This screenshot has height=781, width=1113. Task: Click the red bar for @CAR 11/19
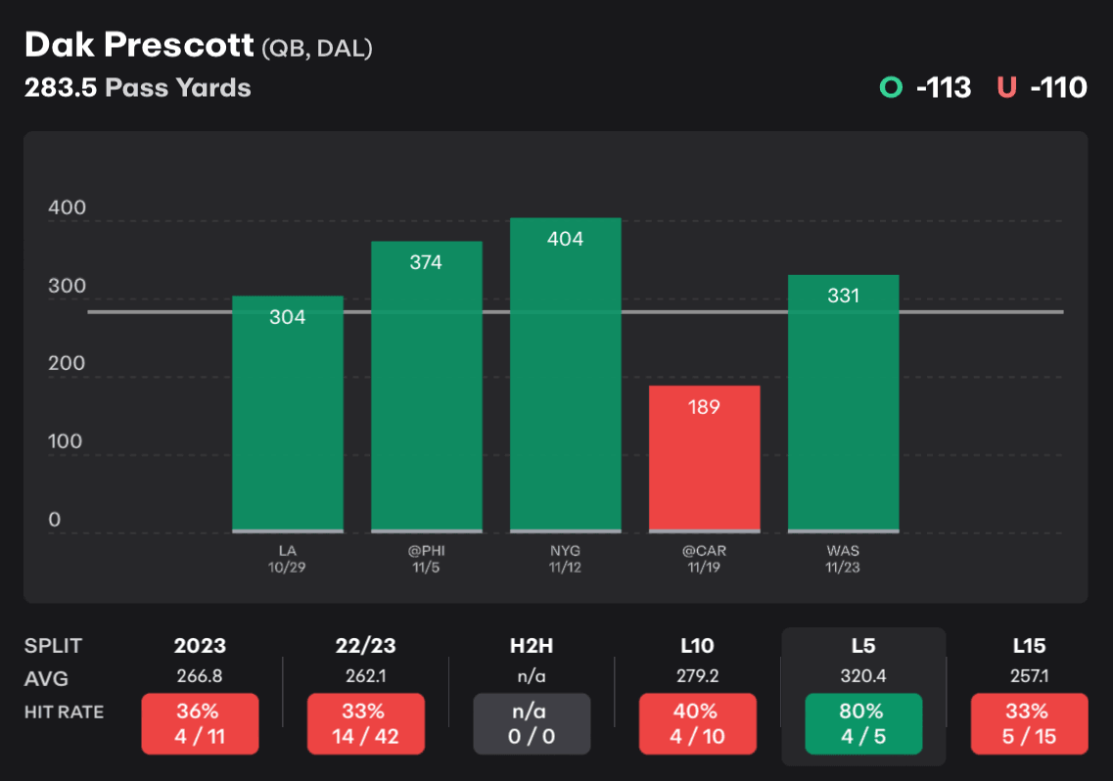(704, 458)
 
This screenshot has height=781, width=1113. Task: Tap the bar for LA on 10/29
(287, 413)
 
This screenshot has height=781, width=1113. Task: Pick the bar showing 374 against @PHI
(426, 386)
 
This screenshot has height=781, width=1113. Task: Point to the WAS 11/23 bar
(843, 402)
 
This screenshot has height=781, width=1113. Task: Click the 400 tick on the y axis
(67, 207)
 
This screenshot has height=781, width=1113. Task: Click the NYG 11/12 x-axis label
(565, 559)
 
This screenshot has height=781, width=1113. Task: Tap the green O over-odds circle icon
(891, 88)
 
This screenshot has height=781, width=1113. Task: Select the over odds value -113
(944, 88)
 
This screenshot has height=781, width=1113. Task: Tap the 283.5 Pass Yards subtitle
(137, 88)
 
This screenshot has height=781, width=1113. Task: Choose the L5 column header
(862, 646)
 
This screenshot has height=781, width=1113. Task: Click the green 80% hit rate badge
(862, 723)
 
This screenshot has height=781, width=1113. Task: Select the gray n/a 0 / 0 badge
(532, 723)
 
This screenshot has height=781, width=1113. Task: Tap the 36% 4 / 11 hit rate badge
(200, 723)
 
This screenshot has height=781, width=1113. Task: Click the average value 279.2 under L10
(697, 676)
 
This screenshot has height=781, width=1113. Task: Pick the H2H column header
(532, 646)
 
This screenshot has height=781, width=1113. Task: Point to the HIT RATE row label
(64, 712)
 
